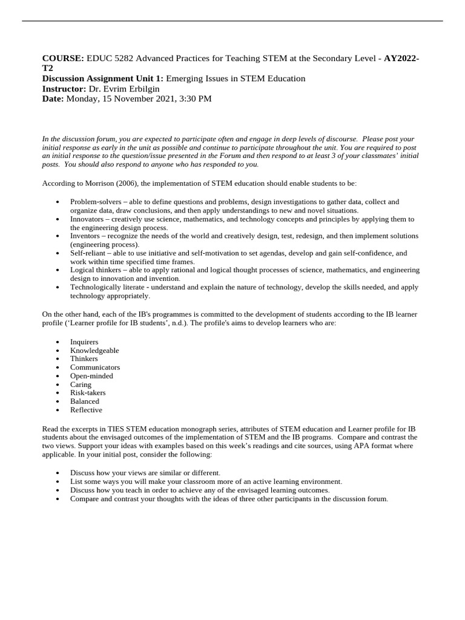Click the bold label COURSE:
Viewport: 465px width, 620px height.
tap(64, 58)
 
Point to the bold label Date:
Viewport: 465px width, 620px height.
tap(53, 99)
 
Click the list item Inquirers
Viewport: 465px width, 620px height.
tap(84, 342)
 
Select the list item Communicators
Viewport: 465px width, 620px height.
tap(95, 368)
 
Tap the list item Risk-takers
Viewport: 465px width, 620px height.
tap(88, 393)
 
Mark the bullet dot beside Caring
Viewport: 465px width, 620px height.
tap(57, 385)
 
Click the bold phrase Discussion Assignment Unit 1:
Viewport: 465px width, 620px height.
tap(104, 79)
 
